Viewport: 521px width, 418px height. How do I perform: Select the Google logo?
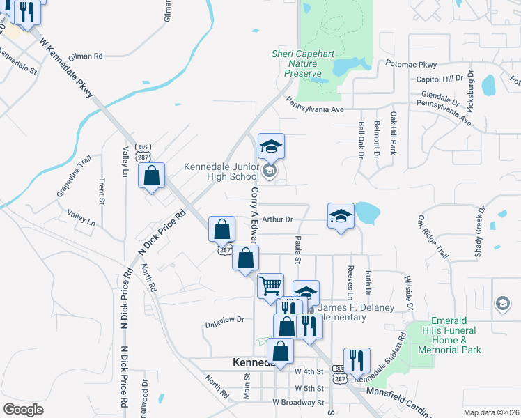pyautogui.click(x=23, y=410)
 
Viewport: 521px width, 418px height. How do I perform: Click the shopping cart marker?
pyautogui.click(x=270, y=286)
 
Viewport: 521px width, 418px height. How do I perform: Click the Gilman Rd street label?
pyautogui.click(x=86, y=56)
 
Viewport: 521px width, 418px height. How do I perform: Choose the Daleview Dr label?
pyautogui.click(x=225, y=320)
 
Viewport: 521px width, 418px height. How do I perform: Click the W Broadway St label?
pyautogui.click(x=298, y=403)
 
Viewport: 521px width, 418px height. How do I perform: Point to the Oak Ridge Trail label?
pyautogui.click(x=433, y=237)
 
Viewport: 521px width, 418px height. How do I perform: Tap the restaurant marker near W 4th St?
pyautogui.click(x=357, y=360)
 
